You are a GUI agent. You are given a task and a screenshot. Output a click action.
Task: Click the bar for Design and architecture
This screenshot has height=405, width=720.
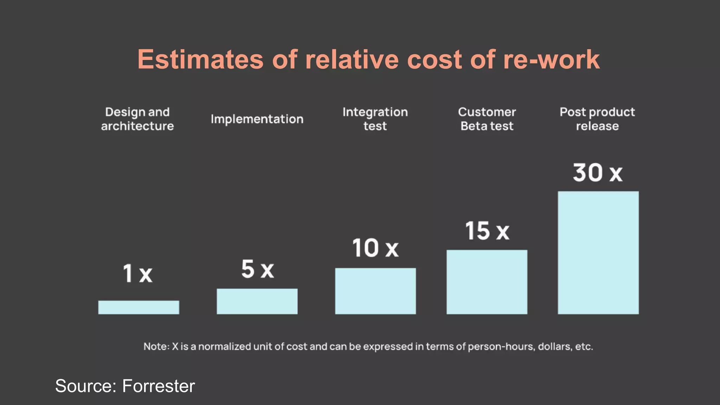point(139,307)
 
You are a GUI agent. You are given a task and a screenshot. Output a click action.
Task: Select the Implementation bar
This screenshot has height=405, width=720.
point(257,301)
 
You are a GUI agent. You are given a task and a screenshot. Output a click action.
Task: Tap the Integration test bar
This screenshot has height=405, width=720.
point(375,291)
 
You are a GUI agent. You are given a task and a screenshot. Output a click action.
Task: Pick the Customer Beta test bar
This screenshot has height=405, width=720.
point(487,282)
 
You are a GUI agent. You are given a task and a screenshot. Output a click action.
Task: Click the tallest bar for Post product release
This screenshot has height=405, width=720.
point(598,252)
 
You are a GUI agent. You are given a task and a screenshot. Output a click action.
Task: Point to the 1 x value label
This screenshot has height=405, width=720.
point(137,274)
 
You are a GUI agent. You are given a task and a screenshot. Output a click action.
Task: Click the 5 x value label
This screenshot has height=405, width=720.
point(257,269)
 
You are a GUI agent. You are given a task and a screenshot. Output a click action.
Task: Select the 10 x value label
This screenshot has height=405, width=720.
point(375,248)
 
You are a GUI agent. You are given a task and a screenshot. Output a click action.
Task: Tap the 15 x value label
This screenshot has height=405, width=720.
point(487,231)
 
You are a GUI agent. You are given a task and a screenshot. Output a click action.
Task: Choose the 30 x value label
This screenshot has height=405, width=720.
point(598,173)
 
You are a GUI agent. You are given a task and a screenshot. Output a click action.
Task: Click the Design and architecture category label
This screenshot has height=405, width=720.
point(137,119)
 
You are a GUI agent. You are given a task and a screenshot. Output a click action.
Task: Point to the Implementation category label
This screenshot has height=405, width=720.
point(257,119)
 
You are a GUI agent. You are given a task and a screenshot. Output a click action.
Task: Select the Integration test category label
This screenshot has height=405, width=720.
point(375,119)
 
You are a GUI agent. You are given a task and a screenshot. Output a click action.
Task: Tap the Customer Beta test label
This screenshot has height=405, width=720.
point(487,119)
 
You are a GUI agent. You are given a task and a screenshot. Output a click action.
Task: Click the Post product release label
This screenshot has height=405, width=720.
point(597,119)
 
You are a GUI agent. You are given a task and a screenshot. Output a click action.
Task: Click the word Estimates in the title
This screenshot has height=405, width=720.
point(200,59)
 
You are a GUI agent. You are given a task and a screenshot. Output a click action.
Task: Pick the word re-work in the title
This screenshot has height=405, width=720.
point(551,59)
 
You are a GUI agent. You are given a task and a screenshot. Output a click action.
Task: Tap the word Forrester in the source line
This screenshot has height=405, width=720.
point(158,386)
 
